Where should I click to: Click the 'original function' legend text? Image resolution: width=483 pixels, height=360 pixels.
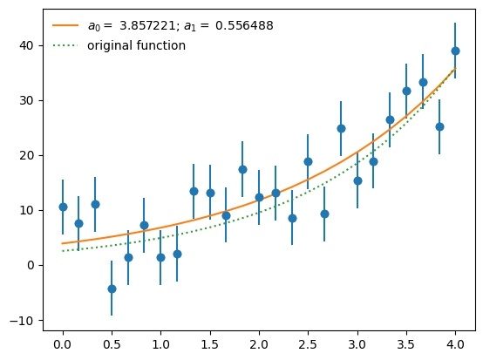click(136, 45)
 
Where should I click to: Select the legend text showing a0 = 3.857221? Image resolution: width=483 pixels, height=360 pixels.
click(180, 26)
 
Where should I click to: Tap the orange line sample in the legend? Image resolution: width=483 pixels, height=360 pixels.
click(65, 26)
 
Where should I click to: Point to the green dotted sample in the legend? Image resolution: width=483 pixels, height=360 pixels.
click(65, 45)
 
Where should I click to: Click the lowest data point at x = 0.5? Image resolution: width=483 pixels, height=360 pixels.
click(112, 289)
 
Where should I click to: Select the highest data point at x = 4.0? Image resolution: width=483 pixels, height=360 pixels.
click(455, 51)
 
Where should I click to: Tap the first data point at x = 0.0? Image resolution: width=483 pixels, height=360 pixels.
click(63, 207)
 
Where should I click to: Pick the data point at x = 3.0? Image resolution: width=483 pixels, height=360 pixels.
click(357, 180)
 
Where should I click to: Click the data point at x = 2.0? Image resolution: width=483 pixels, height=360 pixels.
click(259, 197)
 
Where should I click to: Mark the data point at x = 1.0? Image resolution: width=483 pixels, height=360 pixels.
click(160, 257)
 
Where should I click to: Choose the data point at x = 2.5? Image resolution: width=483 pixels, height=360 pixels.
click(308, 161)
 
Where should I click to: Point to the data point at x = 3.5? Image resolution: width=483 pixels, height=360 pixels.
click(406, 91)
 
